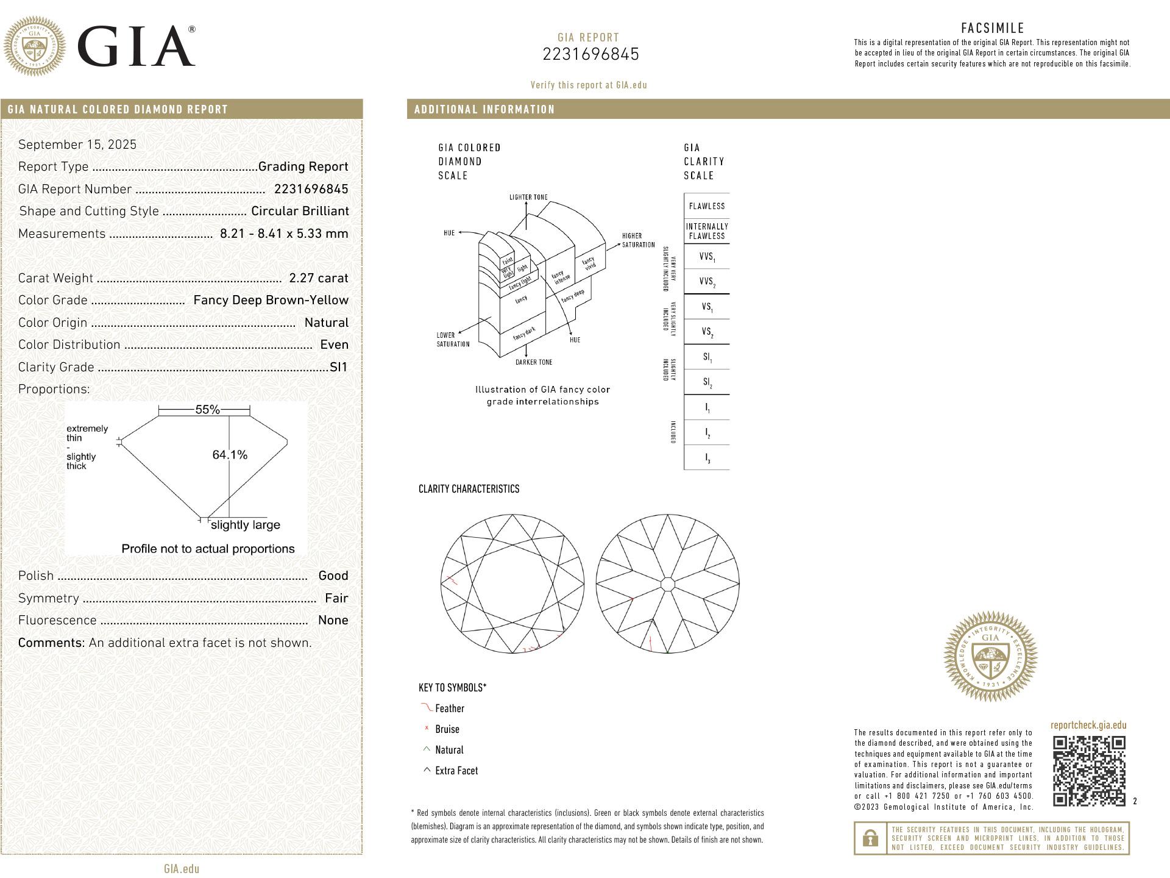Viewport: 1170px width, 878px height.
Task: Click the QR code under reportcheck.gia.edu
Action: click(1089, 771)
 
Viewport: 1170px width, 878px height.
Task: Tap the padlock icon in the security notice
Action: click(870, 838)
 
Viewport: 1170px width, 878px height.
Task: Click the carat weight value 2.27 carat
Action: click(319, 278)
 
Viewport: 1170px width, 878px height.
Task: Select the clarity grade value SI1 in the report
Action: click(338, 367)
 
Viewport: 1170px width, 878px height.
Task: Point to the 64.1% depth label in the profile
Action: click(230, 455)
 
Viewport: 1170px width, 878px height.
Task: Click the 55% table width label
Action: click(207, 410)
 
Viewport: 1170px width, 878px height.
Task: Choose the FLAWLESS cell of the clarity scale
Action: click(707, 206)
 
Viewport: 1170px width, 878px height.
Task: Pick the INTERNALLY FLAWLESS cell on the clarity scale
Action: click(707, 231)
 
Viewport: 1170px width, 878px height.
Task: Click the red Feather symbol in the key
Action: click(426, 708)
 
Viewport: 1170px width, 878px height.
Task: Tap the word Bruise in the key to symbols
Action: click(447, 729)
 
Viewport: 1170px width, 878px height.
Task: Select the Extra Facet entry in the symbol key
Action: click(456, 771)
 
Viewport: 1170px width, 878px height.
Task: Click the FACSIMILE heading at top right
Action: click(993, 28)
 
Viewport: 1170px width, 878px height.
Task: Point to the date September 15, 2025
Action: click(77, 145)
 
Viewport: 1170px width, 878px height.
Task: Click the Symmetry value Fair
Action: click(336, 598)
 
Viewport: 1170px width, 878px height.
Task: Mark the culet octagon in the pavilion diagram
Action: click(668, 584)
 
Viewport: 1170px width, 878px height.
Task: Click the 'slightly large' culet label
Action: click(246, 525)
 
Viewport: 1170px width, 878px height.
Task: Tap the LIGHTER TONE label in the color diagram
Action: click(528, 198)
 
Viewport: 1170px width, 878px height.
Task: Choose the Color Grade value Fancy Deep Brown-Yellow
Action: click(271, 300)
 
